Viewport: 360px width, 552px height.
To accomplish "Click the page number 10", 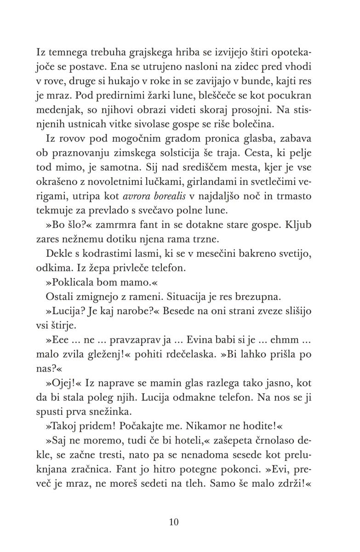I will [x=174, y=522].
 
